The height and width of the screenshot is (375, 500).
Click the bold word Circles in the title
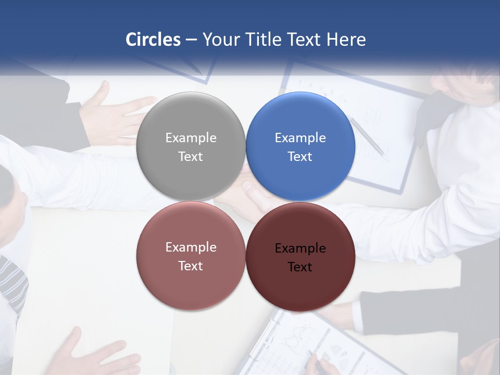[x=153, y=40]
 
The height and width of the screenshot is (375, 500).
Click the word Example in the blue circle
[x=300, y=138]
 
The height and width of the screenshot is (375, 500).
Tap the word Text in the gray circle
[x=191, y=156]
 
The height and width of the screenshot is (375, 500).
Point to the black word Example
[x=300, y=248]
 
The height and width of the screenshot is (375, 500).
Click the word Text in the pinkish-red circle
[x=191, y=266]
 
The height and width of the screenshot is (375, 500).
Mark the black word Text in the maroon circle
[x=300, y=267]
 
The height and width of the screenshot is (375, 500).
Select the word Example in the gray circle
[x=191, y=138]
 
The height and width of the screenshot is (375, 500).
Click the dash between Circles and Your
[x=191, y=40]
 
